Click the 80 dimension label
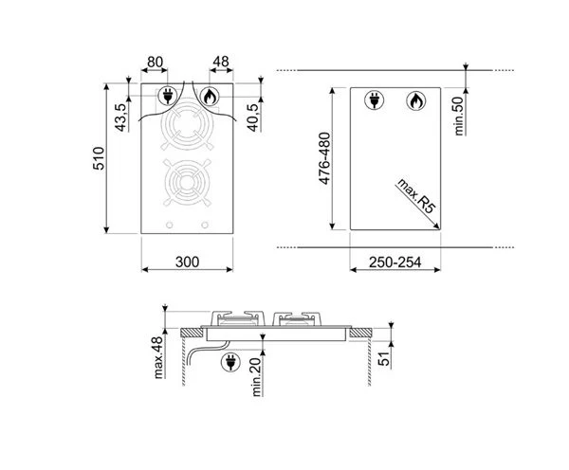155,62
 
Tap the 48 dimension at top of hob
221,62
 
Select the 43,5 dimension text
120,117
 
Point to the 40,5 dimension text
253,117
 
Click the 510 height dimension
99,158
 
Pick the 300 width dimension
187,262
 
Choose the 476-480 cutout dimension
324,158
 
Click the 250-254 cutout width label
395,262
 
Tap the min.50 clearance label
459,116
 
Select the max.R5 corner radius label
416,196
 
